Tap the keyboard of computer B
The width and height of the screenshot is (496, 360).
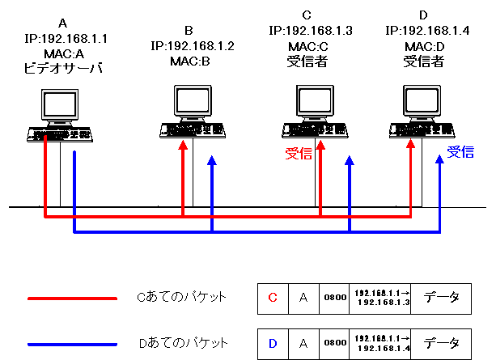coord(193,129)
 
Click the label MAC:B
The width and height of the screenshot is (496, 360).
coord(191,61)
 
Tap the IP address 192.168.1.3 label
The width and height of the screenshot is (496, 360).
coord(311,30)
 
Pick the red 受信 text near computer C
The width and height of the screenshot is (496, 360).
coord(298,154)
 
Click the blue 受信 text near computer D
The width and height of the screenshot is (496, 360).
coord(460,151)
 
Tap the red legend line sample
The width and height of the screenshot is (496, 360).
coord(72,299)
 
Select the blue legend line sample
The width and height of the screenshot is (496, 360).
coord(72,344)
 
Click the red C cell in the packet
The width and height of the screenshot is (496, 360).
coord(273,299)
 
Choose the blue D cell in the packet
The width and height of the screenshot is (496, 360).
coord(273,344)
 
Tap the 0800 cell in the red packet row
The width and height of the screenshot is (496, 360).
coord(333,299)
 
